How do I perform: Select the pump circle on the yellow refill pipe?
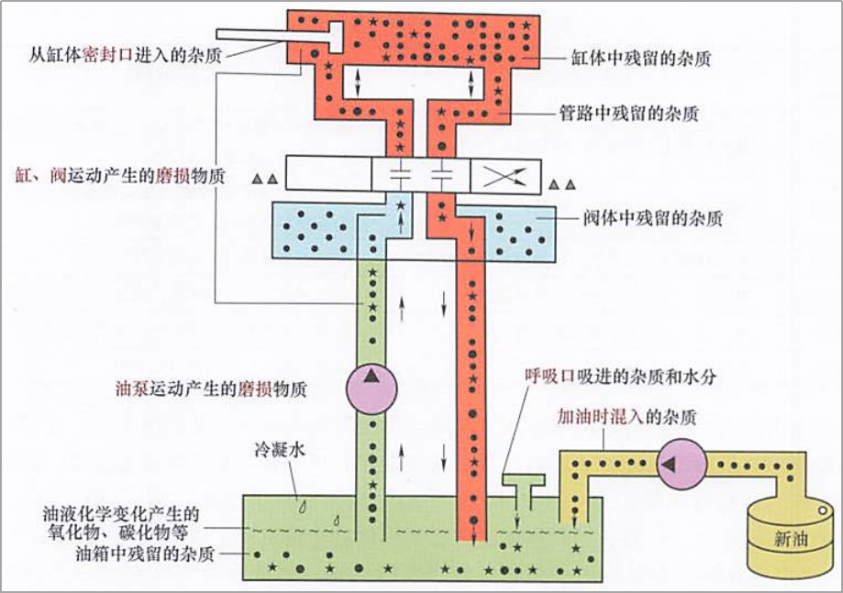pyautogui.click(x=679, y=465)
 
